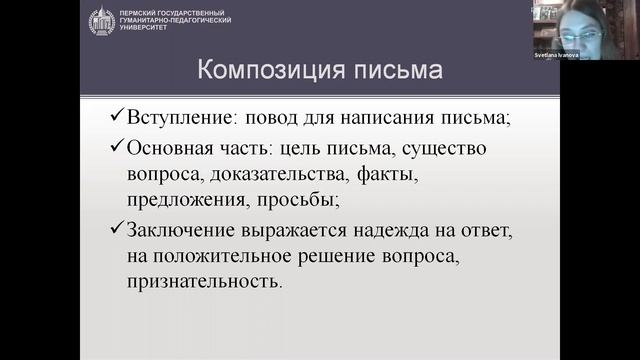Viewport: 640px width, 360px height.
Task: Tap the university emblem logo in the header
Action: coord(101,20)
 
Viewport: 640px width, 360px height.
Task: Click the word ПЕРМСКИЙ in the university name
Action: coord(141,11)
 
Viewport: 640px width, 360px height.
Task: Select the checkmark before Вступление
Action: coord(117,117)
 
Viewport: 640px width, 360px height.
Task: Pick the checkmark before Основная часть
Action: coord(117,149)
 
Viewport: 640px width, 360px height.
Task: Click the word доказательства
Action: coord(284,175)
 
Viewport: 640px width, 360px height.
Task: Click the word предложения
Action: coord(180,201)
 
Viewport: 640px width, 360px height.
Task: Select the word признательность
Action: coord(203,282)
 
